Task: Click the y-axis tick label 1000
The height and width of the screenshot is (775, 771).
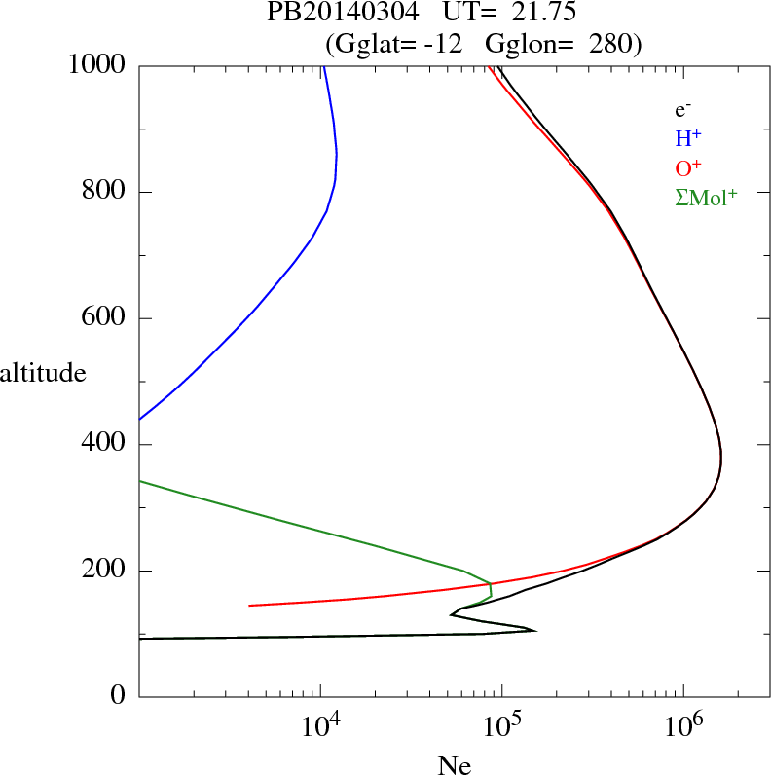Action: pyautogui.click(x=98, y=65)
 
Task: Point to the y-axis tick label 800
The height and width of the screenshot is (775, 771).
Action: pyautogui.click(x=105, y=192)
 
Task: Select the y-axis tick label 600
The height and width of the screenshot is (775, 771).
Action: pyautogui.click(x=105, y=318)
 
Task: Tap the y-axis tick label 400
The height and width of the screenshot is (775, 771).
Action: pyautogui.click(x=105, y=445)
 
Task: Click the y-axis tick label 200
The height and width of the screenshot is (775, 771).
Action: pyautogui.click(x=105, y=571)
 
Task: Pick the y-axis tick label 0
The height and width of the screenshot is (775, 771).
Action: pyautogui.click(x=120, y=697)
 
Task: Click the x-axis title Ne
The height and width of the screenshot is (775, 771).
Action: pyautogui.click(x=455, y=764)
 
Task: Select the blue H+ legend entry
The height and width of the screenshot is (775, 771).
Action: pyautogui.click(x=688, y=137)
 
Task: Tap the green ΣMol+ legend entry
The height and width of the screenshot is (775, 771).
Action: pyautogui.click(x=706, y=197)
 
